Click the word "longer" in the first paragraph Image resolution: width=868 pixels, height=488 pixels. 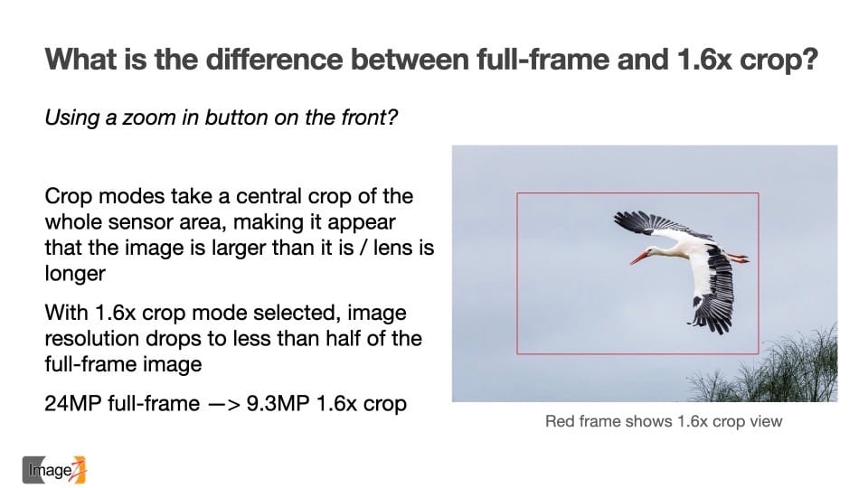click(x=75, y=274)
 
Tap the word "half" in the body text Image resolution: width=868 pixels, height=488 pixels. click(x=344, y=338)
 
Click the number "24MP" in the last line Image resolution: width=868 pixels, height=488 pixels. click(x=73, y=403)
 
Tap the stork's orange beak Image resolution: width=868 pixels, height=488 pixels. click(x=640, y=258)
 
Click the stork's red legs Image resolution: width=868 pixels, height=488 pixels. click(x=736, y=258)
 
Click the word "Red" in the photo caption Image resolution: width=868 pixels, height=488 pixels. click(x=560, y=422)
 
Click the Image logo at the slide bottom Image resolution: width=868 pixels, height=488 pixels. click(x=54, y=470)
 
